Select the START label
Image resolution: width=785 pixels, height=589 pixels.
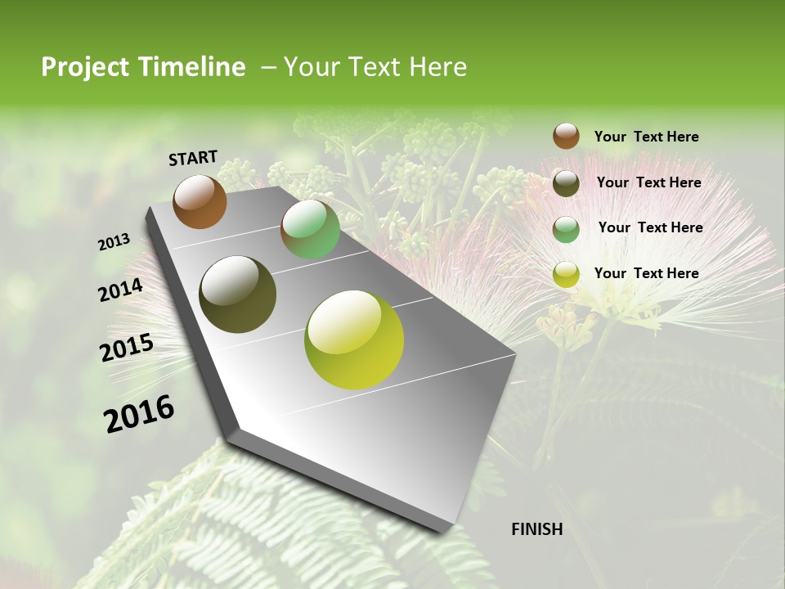[x=193, y=158]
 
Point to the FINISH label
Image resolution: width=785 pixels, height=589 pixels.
[x=536, y=529]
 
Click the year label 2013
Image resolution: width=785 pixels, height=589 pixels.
[x=114, y=241]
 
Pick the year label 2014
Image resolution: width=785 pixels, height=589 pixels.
[x=120, y=290]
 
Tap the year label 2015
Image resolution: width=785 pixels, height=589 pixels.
[x=126, y=348]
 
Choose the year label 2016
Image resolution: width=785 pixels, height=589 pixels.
[x=139, y=414]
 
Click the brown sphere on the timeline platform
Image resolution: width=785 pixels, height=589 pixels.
[x=200, y=201]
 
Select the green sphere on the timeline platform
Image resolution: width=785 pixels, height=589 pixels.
[x=310, y=229]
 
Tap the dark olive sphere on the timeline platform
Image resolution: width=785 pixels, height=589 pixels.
[x=237, y=294]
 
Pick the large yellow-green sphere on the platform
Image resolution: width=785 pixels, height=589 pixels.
[x=354, y=339]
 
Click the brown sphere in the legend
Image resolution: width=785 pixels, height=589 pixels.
[x=566, y=137]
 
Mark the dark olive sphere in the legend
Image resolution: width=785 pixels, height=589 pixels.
[x=566, y=183]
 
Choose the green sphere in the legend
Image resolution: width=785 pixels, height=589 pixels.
[x=566, y=229]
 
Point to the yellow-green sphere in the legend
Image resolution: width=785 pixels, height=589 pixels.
[x=566, y=274]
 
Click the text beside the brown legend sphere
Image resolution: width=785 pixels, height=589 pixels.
[x=646, y=137]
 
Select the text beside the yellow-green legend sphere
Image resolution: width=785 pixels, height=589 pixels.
[x=646, y=273]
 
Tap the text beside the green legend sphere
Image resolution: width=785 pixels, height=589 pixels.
[x=650, y=227]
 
